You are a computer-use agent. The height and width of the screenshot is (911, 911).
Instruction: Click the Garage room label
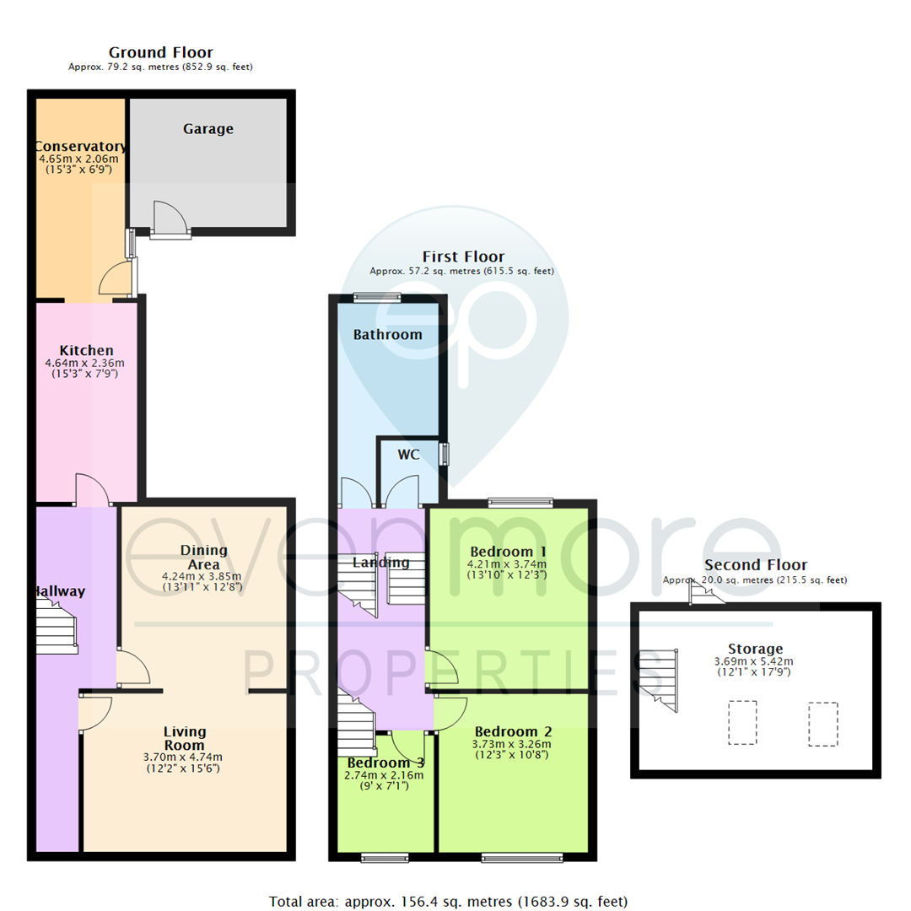[208, 129]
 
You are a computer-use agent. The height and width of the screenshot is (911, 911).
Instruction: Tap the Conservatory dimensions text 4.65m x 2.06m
[78, 158]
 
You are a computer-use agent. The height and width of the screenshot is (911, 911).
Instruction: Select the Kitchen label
[86, 350]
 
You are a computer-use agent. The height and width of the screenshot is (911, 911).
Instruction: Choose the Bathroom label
[387, 335]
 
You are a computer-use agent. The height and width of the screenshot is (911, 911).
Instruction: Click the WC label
[409, 455]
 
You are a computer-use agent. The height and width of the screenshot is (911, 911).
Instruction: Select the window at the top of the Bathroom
[377, 296]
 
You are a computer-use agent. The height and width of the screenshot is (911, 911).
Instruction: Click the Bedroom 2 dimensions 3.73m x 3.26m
[513, 744]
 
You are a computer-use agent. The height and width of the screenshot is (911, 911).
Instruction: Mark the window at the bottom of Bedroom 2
[522, 858]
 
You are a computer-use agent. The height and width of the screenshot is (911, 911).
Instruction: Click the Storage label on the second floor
[756, 649]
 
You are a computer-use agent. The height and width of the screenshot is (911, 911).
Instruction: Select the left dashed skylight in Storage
[742, 723]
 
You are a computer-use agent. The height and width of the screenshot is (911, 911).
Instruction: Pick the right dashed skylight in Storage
[822, 723]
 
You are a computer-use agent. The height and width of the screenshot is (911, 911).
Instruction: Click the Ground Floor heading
[160, 52]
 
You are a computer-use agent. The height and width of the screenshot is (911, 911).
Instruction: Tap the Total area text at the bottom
[448, 901]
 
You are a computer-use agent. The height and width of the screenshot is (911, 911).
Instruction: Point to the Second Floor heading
[756, 565]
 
